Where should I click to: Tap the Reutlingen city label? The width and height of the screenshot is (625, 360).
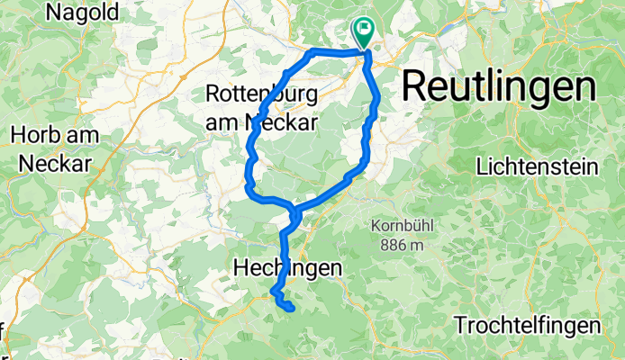coord(498,87)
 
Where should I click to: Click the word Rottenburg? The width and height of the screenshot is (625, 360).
coord(261,93)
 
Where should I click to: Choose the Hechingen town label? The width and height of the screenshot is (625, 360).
coord(288,267)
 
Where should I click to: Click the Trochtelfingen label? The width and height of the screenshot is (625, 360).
coord(527,325)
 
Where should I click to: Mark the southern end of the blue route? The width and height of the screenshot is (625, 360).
coord(293,310)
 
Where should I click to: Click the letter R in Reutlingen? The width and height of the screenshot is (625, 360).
coord(414,87)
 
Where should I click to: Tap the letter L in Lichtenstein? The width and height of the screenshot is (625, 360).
coord(481,166)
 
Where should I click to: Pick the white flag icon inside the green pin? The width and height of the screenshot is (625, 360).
coord(365,29)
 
